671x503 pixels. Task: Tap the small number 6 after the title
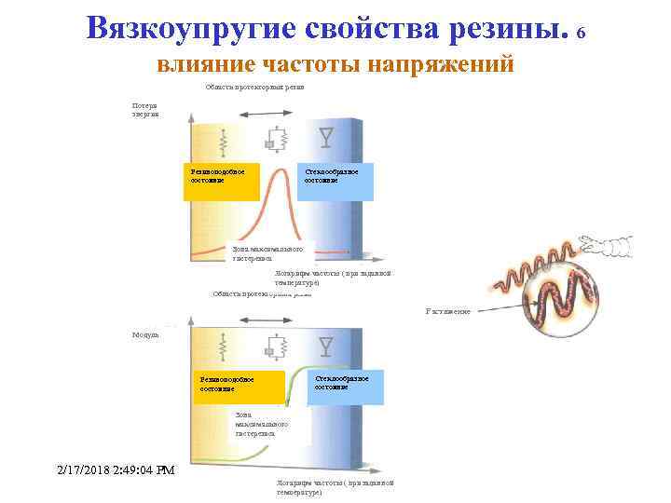pyautogui.click(x=582, y=34)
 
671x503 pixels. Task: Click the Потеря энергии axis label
pyautogui.click(x=144, y=110)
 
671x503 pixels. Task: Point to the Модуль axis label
pyautogui.click(x=144, y=333)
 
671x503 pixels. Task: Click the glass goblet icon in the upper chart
pyautogui.click(x=324, y=138)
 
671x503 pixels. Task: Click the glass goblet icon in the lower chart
pyautogui.click(x=324, y=347)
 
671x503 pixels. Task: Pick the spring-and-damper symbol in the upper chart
pyautogui.click(x=273, y=141)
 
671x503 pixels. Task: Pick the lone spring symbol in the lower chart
pyautogui.click(x=223, y=347)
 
